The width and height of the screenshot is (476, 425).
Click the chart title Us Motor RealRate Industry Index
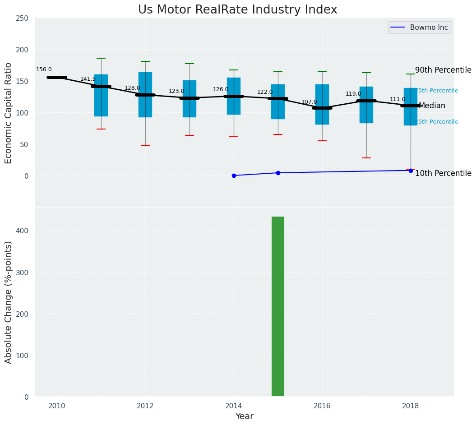coord(237,10)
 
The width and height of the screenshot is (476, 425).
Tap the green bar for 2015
coord(278,306)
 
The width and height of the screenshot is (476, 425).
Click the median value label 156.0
coord(44,69)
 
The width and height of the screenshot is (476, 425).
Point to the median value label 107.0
coord(309,102)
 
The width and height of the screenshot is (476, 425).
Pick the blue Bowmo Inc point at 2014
coord(234,176)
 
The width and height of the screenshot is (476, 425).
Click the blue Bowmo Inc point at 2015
coord(278,173)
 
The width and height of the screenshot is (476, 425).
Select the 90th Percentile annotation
coord(443,70)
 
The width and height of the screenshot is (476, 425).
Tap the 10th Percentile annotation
coord(443,173)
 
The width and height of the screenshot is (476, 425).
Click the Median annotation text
coord(432,106)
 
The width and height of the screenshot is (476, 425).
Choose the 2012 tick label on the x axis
coord(145,406)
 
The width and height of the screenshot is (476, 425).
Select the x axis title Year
coord(244,416)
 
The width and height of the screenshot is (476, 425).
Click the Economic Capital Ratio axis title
coord(9,113)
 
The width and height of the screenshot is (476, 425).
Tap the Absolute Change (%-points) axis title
coord(9,302)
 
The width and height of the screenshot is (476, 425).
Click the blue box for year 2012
coord(145,95)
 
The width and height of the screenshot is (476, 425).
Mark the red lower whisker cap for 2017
coord(366,158)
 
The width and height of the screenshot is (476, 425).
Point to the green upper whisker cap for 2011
coord(101,58)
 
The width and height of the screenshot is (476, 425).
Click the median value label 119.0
coord(353,94)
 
